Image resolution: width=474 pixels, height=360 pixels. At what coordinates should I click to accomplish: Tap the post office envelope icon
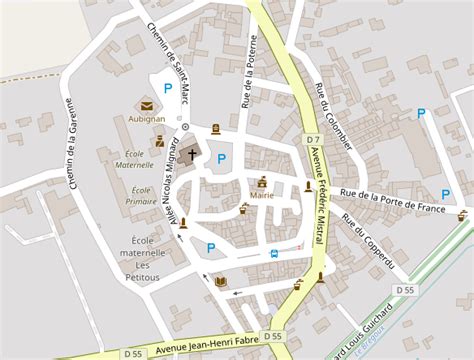point(146,104)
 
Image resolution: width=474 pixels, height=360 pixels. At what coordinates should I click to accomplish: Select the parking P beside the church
point(221,158)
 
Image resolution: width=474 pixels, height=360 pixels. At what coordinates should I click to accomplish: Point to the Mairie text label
point(262,196)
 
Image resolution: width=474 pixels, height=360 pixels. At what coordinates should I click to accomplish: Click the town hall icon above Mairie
point(262,182)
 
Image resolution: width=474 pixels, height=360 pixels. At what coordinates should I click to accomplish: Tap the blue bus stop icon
point(275,253)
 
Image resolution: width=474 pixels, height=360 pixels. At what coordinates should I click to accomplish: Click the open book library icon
point(220,281)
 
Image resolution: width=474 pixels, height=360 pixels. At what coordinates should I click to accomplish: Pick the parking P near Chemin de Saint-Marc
point(168,89)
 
